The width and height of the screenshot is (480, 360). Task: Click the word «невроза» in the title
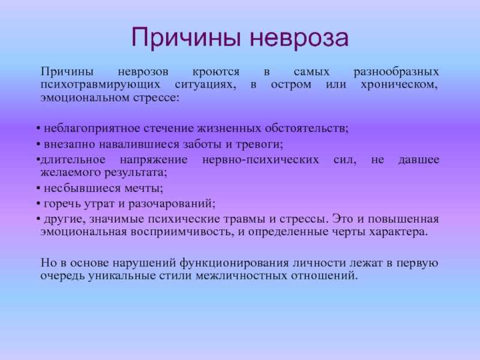tap(299, 38)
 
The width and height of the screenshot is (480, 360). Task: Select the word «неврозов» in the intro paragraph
tap(143, 72)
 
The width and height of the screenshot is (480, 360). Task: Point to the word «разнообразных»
tap(397, 72)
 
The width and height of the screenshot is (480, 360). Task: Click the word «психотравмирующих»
tap(100, 85)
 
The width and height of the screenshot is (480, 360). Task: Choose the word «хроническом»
tap(399, 85)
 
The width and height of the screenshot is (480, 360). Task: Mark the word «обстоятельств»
tap(307, 128)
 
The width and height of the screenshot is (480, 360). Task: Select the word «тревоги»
tap(259, 144)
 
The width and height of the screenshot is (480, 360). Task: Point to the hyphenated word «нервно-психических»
tap(260, 160)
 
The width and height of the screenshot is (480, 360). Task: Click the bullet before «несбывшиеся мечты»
tap(38, 188)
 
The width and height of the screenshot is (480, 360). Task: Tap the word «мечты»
tap(143, 188)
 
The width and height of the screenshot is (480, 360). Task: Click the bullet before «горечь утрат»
tap(38, 203)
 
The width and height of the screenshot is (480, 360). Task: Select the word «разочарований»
tap(172, 204)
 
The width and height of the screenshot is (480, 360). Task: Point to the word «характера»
tap(398, 232)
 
